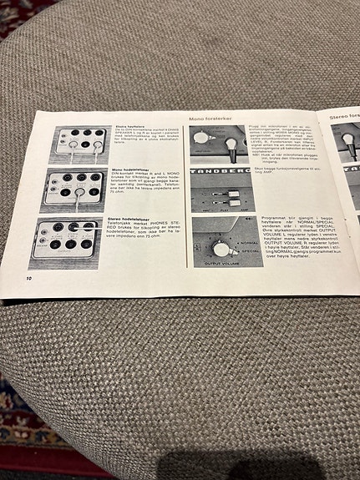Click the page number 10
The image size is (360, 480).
pyautogui.click(x=30, y=276)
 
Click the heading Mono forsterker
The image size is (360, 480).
pyautogui.click(x=210, y=118)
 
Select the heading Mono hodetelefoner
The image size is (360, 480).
pyautogui.click(x=130, y=169)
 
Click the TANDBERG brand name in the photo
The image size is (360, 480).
pyautogui.click(x=219, y=171)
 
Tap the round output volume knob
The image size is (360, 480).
pyautogui.click(x=221, y=248)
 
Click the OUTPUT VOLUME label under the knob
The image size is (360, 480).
pyautogui.click(x=220, y=263)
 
